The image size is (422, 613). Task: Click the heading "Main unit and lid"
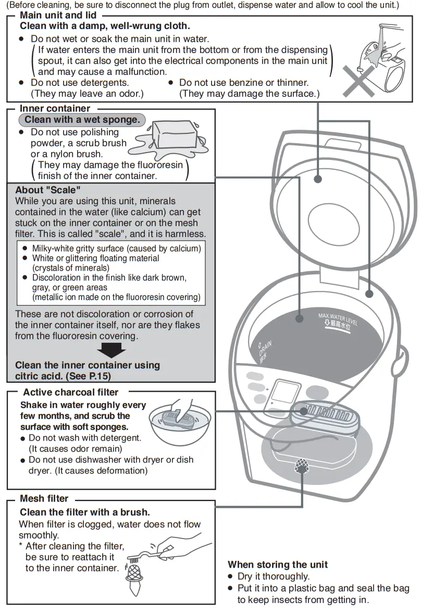(58, 16)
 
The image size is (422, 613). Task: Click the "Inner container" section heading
(55, 108)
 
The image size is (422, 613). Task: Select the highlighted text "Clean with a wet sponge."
(82, 120)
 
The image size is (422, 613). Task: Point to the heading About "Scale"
(48, 190)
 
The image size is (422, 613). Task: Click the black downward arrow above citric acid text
(111, 350)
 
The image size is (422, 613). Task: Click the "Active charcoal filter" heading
(70, 392)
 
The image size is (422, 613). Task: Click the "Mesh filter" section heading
(44, 499)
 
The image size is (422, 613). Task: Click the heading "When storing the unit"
(278, 565)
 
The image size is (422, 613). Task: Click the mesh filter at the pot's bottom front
(301, 465)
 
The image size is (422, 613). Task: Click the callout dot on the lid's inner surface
(317, 180)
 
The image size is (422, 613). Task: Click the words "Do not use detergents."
(80, 82)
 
